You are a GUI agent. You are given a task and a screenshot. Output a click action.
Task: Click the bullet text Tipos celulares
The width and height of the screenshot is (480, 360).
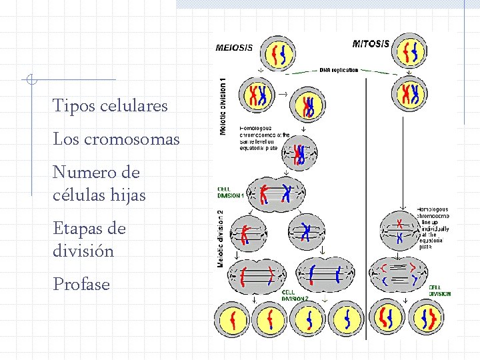coord(110,106)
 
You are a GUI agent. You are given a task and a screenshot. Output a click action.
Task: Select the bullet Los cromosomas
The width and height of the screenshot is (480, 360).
coord(116,139)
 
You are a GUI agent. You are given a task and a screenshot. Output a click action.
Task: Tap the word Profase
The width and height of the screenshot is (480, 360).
coord(81,285)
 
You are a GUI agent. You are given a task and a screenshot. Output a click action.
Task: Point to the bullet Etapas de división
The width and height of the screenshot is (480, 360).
coord(89,240)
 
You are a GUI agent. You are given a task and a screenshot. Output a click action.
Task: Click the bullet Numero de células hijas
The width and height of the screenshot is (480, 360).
coord(99,184)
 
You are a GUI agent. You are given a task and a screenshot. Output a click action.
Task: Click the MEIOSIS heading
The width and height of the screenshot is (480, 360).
coord(234,47)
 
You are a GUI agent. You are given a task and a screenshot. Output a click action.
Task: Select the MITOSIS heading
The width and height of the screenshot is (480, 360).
coord(371,43)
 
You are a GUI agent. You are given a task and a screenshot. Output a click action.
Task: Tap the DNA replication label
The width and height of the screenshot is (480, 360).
coord(339,69)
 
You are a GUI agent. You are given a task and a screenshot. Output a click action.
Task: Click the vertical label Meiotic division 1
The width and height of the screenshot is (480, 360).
coord(223,107)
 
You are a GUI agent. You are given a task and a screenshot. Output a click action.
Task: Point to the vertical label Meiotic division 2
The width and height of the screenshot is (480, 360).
coord(220,238)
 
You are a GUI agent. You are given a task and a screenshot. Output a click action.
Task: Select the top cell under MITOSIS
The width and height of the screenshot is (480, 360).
coord(409,52)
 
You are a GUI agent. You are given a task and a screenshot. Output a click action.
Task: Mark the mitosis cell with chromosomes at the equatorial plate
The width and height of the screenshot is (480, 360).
coord(399,231)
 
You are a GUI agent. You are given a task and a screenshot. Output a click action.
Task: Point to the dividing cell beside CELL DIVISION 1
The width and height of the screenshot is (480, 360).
coord(276,193)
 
